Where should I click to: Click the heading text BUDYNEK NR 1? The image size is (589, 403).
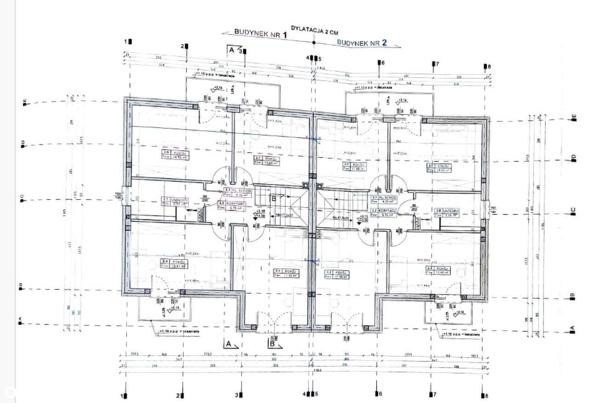[260, 33]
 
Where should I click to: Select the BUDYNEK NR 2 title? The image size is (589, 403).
[362, 42]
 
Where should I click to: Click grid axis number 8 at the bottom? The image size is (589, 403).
[483, 395]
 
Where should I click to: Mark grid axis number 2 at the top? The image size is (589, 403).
[183, 46]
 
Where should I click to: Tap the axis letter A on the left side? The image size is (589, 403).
[20, 323]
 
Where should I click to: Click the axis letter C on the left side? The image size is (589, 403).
[22, 199]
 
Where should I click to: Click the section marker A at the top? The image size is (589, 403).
[231, 49]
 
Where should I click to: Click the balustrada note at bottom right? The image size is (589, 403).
[461, 334]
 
